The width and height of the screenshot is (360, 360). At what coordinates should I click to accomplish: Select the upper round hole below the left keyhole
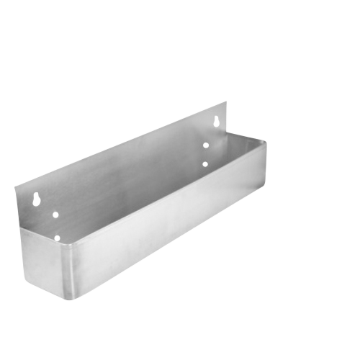click(x=55, y=214)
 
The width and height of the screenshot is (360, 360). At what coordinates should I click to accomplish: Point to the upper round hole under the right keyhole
click(x=205, y=145)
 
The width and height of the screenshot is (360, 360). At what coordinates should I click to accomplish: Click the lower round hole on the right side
click(x=205, y=164)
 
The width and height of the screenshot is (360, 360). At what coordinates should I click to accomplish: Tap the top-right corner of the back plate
click(x=227, y=102)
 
